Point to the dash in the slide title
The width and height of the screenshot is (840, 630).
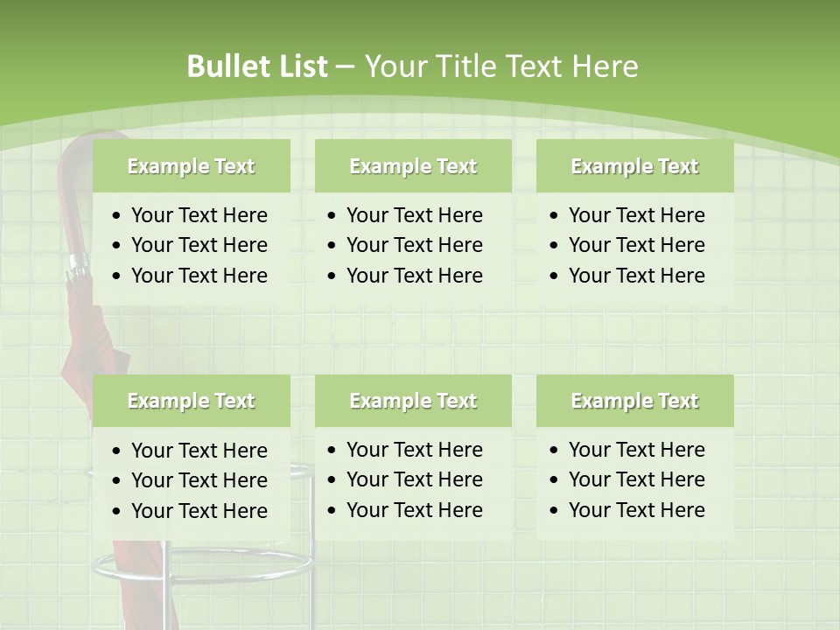(x=345, y=66)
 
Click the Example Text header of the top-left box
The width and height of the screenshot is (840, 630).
(x=191, y=166)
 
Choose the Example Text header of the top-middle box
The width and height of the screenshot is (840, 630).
(x=413, y=166)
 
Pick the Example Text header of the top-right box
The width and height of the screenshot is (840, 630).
(x=634, y=166)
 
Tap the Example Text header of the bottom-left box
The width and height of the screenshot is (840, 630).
(x=191, y=401)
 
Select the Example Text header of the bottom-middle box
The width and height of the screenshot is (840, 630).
(x=413, y=401)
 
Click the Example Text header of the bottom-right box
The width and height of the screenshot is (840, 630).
(x=634, y=401)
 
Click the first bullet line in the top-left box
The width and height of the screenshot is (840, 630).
(x=199, y=215)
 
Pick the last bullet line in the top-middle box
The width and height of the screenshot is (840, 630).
(x=414, y=276)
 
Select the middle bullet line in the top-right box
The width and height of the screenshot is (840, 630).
(x=636, y=245)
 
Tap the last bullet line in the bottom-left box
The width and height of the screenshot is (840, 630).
(x=199, y=510)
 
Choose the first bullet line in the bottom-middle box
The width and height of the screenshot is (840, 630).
(x=414, y=450)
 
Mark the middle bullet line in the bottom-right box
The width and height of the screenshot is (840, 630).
(x=636, y=479)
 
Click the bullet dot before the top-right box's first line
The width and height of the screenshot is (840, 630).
(x=555, y=216)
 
